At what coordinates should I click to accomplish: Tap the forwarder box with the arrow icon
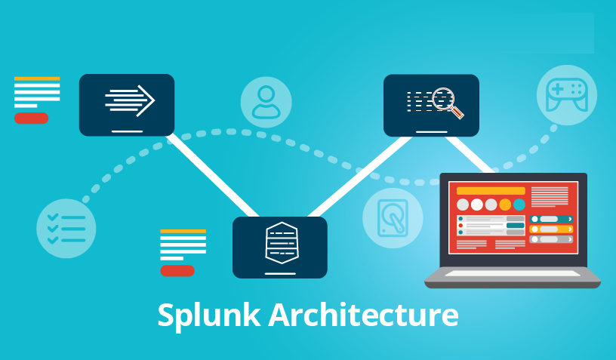(x=127, y=104)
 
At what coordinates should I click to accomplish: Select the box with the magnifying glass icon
(x=431, y=105)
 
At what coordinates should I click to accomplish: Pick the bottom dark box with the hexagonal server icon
(x=280, y=247)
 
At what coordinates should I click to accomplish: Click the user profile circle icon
(x=266, y=101)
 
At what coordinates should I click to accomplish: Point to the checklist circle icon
(x=66, y=229)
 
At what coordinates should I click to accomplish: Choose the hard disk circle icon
(x=393, y=217)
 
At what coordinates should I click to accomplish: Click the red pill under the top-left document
(x=31, y=118)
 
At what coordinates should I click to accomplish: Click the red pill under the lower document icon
(x=177, y=270)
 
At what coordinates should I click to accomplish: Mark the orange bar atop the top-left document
(x=37, y=78)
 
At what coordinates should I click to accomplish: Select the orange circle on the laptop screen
(x=505, y=205)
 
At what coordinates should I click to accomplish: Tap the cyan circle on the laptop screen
(x=519, y=205)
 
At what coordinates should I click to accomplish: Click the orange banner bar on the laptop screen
(x=491, y=191)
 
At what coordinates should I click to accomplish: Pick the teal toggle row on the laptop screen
(x=551, y=219)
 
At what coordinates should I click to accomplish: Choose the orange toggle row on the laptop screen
(x=551, y=229)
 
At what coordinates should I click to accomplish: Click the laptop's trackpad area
(x=513, y=273)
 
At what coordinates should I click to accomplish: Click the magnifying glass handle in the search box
(x=457, y=114)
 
